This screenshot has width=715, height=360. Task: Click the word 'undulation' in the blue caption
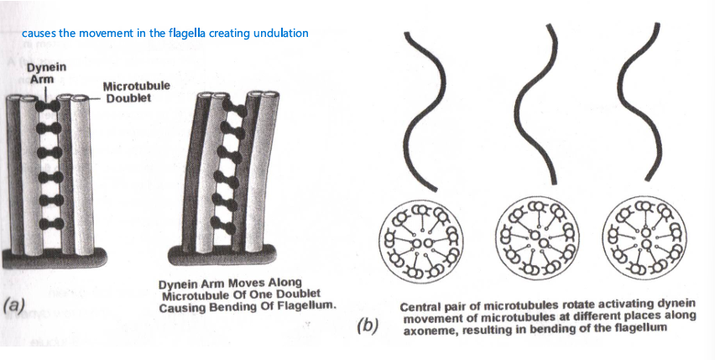point(282,33)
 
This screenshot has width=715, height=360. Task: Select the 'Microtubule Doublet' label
point(136,91)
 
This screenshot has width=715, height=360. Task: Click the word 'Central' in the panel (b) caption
point(422,306)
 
